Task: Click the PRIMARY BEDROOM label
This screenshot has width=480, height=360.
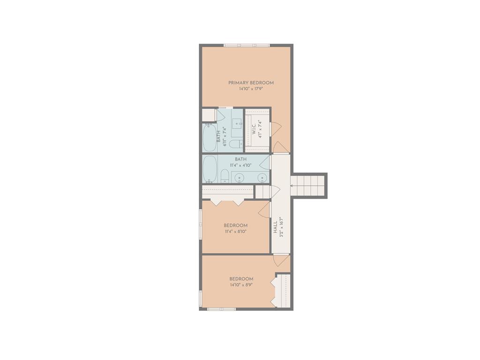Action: point(251,82)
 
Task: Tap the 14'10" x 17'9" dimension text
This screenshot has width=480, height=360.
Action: point(251,89)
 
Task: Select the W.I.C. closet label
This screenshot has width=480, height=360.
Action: point(254,129)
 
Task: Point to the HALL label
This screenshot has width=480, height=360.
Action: point(275,227)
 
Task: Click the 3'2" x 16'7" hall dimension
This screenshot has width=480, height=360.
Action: point(282,227)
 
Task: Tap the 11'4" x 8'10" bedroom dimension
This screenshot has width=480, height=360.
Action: point(236,232)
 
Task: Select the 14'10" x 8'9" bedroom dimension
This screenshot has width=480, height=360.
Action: point(241,285)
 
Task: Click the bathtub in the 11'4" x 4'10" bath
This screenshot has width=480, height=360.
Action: point(210,169)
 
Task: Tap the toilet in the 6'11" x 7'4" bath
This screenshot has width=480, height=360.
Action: point(236,143)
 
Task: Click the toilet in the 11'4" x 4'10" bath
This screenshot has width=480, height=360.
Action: point(225,177)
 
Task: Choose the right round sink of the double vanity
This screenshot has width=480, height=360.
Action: point(262,177)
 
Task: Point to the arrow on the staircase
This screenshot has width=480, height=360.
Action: point(292,186)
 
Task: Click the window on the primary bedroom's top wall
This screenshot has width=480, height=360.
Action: point(247,45)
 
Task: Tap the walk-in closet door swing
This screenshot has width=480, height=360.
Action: point(276,129)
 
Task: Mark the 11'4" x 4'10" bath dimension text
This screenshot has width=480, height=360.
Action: point(240,165)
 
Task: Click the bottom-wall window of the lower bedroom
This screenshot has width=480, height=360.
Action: point(221,309)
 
